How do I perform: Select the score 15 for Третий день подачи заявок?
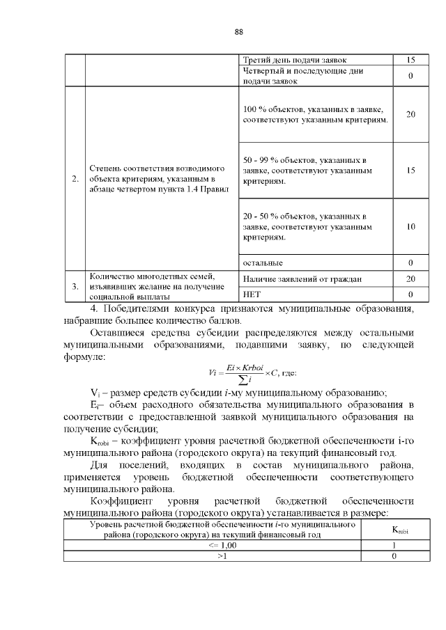coord(410,60)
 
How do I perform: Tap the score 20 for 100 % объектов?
coord(410,115)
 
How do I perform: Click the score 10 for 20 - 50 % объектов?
coord(410,227)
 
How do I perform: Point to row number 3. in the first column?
coord(75,286)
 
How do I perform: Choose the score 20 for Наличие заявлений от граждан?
coord(410,278)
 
